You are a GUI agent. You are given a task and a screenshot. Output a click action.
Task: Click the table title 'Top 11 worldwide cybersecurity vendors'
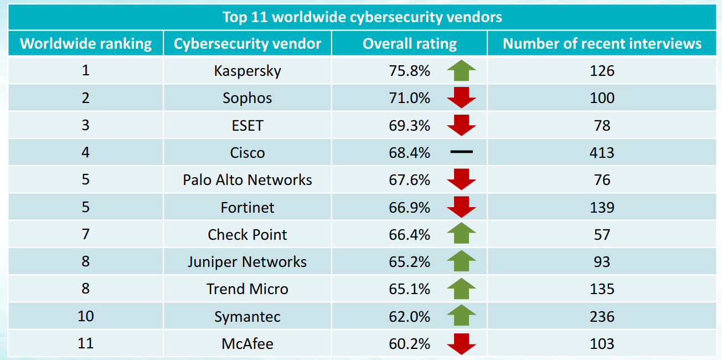pos(362,17)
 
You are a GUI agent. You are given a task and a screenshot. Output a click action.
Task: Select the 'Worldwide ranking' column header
pos(86,44)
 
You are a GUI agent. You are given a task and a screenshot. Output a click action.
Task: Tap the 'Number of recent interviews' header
pos(602,44)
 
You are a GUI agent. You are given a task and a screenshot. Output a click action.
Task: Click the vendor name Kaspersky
pos(247,71)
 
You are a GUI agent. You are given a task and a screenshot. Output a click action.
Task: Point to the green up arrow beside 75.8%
pos(461,71)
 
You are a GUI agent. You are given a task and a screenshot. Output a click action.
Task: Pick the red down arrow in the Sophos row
pos(461,98)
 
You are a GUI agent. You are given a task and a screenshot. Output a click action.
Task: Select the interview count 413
pos(602,152)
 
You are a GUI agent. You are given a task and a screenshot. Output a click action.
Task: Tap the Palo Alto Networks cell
pos(247,180)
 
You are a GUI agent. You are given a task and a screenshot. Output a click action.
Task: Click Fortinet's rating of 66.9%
pos(409,207)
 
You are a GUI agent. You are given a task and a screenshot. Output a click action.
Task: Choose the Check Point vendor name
pos(247,234)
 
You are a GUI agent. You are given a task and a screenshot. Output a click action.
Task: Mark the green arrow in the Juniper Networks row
pos(461,261)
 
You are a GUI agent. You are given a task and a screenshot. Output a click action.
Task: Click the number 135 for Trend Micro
pos(602,289)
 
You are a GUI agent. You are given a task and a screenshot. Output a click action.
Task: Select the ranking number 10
pos(86,316)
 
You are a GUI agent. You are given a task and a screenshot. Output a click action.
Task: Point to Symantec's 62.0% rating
pos(409,316)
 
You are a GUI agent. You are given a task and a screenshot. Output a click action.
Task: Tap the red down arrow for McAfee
pos(461,344)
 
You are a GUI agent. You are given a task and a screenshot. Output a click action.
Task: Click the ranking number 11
pos(86,343)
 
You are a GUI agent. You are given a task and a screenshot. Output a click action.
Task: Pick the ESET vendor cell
pos(247,125)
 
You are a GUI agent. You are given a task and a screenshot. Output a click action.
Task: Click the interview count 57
pos(602,234)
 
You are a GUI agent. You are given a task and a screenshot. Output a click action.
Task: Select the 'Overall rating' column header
pos(410,44)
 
